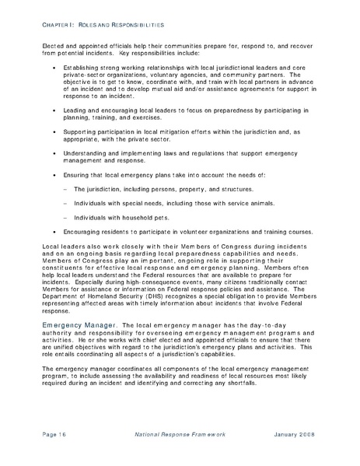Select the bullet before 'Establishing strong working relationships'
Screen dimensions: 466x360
53,69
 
